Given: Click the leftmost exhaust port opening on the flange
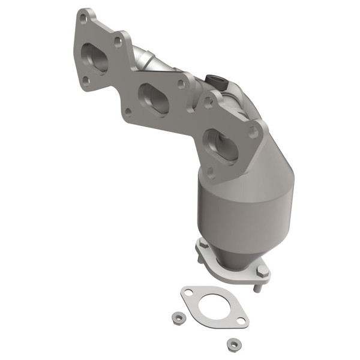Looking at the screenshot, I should point(95,58).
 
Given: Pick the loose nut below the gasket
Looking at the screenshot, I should point(231,344).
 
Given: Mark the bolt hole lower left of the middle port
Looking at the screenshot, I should point(127,112).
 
